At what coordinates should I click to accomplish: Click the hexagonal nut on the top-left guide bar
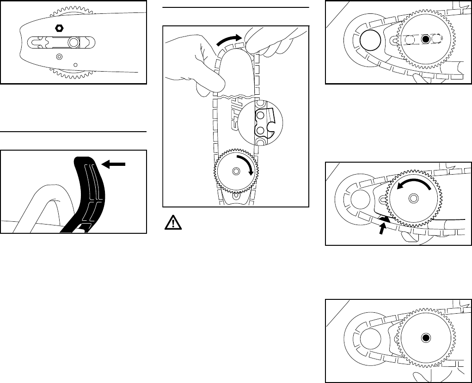point(59,27)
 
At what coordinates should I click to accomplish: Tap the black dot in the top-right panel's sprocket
point(426,40)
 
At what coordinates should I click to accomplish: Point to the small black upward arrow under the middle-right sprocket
point(382,227)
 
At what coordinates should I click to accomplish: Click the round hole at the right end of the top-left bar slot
point(73,42)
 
